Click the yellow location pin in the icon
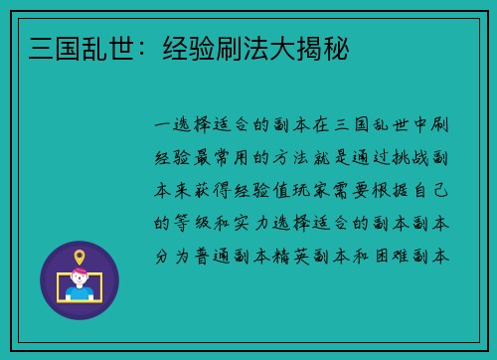tap(80, 258)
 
